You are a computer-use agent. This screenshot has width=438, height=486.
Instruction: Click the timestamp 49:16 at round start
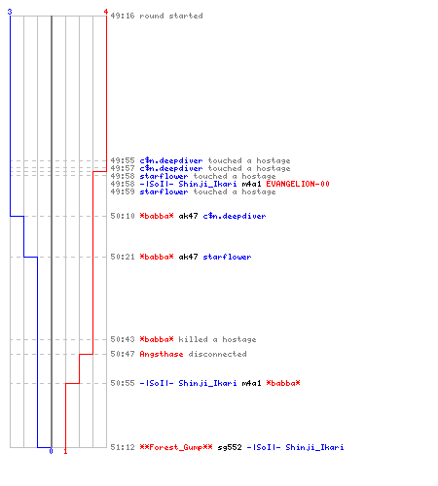[123, 16]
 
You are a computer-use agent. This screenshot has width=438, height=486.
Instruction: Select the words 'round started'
[171, 16]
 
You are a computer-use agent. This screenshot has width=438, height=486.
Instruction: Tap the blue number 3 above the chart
[10, 12]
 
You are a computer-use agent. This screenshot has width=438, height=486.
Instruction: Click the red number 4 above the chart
[106, 12]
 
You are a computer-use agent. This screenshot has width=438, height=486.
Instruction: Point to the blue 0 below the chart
[51, 451]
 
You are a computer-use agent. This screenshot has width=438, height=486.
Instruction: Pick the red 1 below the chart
[65, 451]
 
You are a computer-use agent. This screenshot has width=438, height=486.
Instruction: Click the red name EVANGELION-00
[298, 184]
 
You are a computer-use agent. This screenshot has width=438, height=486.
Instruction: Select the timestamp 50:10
[123, 216]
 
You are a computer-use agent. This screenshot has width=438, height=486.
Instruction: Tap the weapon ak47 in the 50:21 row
[188, 257]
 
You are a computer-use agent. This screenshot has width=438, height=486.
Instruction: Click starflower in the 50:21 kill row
[227, 257]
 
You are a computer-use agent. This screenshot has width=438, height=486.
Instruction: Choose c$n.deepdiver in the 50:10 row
[235, 216]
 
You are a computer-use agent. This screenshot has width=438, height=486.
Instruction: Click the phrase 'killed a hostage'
[217, 339]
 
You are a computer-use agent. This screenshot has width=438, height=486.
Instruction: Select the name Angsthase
[162, 354]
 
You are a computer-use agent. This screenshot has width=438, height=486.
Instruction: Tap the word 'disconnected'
[217, 354]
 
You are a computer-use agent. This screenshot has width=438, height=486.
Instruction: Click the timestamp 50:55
[123, 383]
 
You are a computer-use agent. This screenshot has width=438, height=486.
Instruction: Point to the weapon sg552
[230, 447]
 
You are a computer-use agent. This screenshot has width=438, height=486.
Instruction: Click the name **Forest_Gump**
[176, 447]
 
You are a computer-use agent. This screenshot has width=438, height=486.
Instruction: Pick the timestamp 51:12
[123, 447]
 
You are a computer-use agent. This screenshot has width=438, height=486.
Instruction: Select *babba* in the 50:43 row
[157, 339]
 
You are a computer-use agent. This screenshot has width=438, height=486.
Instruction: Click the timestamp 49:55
[123, 160]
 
